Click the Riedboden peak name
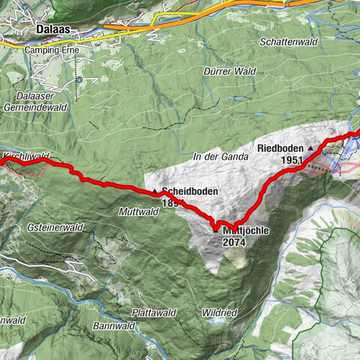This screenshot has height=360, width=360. coord(280,148)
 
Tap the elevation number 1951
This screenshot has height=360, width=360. coord(292,160)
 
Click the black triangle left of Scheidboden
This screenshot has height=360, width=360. coord(155,192)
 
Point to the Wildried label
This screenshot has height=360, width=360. coord(219,312)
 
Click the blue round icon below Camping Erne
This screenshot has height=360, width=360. coord(79,77)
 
